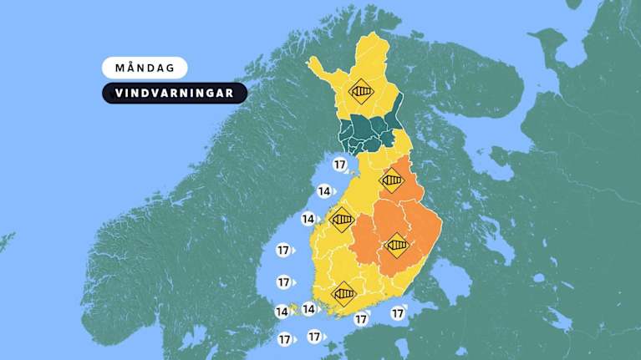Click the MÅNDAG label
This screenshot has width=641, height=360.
click(x=145, y=68)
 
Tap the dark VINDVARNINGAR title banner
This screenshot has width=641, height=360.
click(x=175, y=93)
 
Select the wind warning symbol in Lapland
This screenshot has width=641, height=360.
click(x=361, y=90)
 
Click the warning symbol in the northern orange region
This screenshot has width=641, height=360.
click(x=391, y=180)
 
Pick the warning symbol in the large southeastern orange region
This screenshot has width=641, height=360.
click(x=396, y=245)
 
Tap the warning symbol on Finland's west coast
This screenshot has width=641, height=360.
click(x=341, y=221)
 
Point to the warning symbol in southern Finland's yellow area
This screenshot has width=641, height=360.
click(x=343, y=294)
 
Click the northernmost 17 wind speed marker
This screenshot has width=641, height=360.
click(x=338, y=164)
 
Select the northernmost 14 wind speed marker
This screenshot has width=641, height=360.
click(x=324, y=192)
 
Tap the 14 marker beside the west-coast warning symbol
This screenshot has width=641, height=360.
click(x=308, y=220)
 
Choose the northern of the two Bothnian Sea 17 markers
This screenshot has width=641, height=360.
click(x=283, y=250)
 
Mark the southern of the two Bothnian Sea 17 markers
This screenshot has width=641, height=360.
click(x=283, y=282)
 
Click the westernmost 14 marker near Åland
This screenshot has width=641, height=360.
click(x=282, y=312)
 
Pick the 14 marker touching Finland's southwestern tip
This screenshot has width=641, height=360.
click(x=308, y=309)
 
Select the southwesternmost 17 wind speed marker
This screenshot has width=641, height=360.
click(x=284, y=339)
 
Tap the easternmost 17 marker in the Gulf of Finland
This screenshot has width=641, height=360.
click(x=398, y=313)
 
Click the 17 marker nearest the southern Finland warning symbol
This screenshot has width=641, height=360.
click(x=360, y=318)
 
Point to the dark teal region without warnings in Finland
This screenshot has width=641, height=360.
click(x=368, y=134)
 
